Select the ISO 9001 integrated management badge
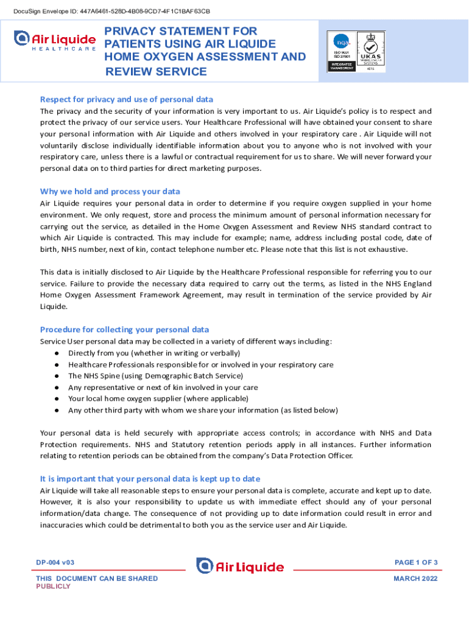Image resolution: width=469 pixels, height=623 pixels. coord(341,51)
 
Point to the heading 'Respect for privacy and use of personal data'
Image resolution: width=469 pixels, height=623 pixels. coord(126,99)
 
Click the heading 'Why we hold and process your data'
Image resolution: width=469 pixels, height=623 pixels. coord(110,191)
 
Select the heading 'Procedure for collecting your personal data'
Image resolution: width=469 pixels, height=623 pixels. coord(124,329)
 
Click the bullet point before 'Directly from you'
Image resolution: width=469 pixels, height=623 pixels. coord(56,353)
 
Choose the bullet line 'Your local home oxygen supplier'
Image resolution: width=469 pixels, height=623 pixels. coord(158,399)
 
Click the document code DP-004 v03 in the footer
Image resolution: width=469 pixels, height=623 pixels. coord(55,563)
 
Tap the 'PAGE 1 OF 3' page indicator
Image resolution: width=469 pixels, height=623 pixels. coord(417,562)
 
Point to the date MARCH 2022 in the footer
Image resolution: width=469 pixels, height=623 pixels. coord(415,579)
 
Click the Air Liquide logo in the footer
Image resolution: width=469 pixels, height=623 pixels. coord(240,566)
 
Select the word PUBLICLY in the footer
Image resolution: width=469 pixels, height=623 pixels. coord(53,586)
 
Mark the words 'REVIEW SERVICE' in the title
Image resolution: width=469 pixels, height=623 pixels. coord(157,72)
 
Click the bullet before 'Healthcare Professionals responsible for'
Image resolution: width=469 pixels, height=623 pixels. coord(56,365)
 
